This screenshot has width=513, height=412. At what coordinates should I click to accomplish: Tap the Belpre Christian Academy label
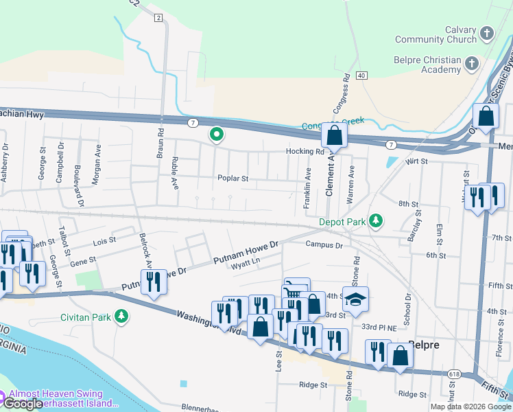tap(427, 65)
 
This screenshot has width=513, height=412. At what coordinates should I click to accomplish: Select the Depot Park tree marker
tap(376, 221)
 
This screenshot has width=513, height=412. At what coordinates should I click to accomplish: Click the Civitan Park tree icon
tap(121, 316)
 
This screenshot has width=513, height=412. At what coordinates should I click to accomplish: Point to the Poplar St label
tap(232, 178)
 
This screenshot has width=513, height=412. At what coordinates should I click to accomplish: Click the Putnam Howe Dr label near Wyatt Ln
tap(246, 253)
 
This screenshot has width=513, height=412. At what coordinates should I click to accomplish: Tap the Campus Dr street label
tap(324, 244)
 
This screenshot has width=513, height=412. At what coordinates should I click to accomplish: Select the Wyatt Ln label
tap(246, 262)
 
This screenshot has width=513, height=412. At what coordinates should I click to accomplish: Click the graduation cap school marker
tap(355, 299)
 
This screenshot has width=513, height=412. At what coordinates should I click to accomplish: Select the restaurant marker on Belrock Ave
tap(154, 282)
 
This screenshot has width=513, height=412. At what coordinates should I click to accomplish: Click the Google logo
tap(22, 404)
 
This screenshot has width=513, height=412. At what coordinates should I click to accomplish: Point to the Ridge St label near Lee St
tap(314, 385)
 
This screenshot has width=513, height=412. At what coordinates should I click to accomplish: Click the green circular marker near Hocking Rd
tap(217, 135)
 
